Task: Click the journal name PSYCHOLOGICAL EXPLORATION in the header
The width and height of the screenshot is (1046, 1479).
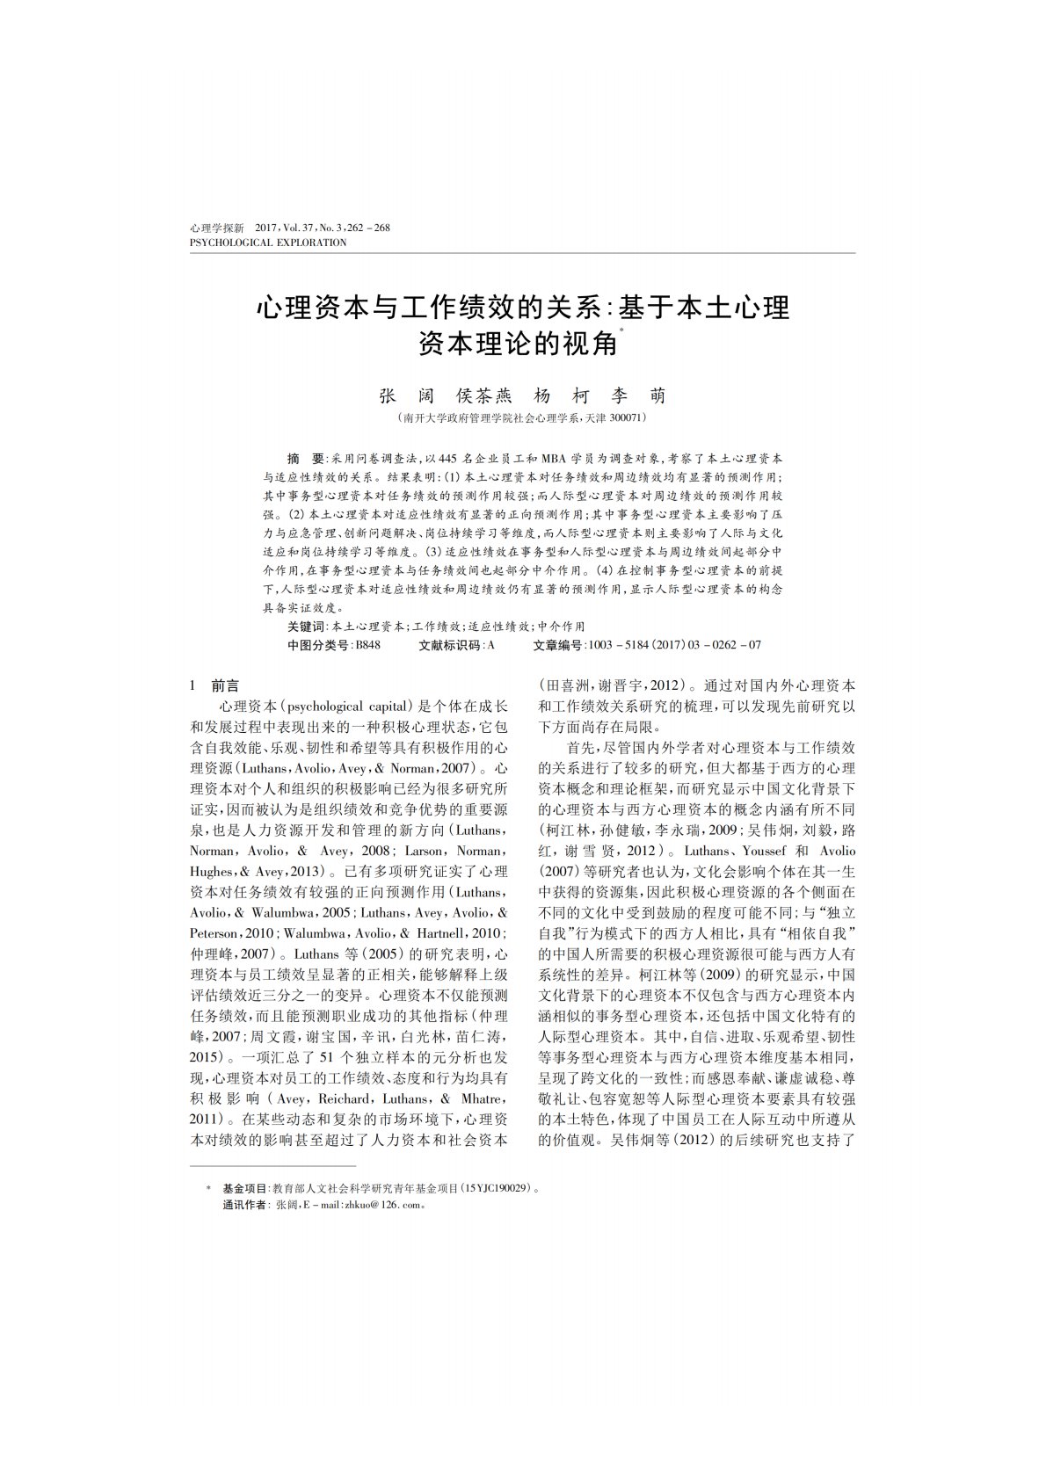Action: pyautogui.click(x=268, y=243)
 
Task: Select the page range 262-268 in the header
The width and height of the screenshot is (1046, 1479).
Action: pyautogui.click(x=370, y=228)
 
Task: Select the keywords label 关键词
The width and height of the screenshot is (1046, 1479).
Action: pyautogui.click(x=306, y=627)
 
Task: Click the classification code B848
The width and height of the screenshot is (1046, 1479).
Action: pyautogui.click(x=367, y=644)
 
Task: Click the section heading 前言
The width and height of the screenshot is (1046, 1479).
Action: pyautogui.click(x=225, y=686)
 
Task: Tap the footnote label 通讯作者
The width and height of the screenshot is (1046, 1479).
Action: pyautogui.click(x=247, y=1205)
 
